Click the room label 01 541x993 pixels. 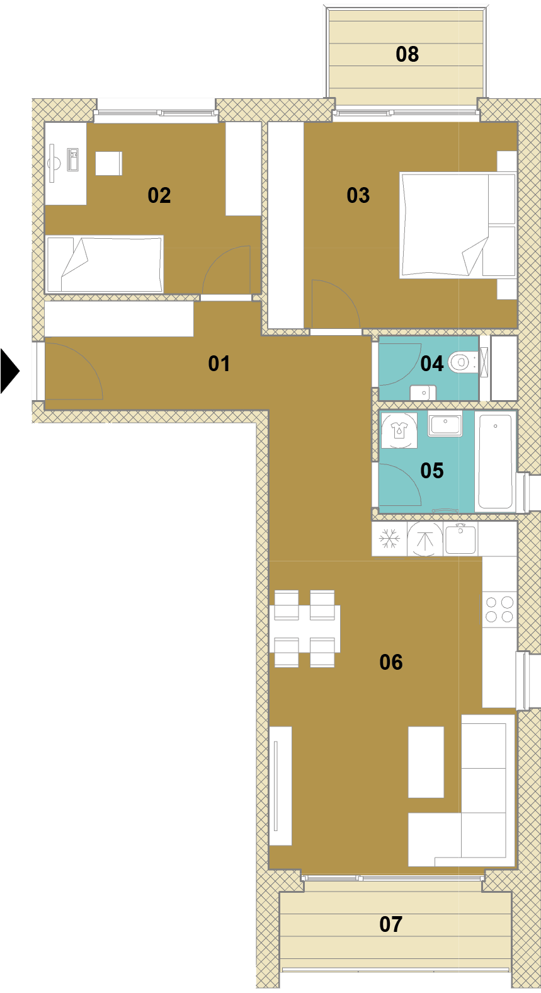[x=219, y=364]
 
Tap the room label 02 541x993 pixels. [x=159, y=195]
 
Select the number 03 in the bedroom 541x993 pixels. [x=358, y=195]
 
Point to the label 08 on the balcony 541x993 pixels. [x=407, y=54]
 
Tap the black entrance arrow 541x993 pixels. [x=9, y=371]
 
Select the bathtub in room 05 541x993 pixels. [x=495, y=461]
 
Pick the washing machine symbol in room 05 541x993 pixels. [x=399, y=430]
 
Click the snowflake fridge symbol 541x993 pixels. [x=389, y=539]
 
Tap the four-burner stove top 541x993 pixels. [x=499, y=609]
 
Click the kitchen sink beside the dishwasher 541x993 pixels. [x=460, y=539]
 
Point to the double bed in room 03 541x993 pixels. [x=458, y=225]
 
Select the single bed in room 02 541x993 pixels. [x=105, y=264]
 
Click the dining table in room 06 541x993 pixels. [x=304, y=629]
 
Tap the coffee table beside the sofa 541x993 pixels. [x=426, y=762]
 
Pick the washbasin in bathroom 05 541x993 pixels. [x=445, y=423]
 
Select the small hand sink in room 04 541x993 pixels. [x=423, y=393]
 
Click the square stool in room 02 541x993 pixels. [x=108, y=163]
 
